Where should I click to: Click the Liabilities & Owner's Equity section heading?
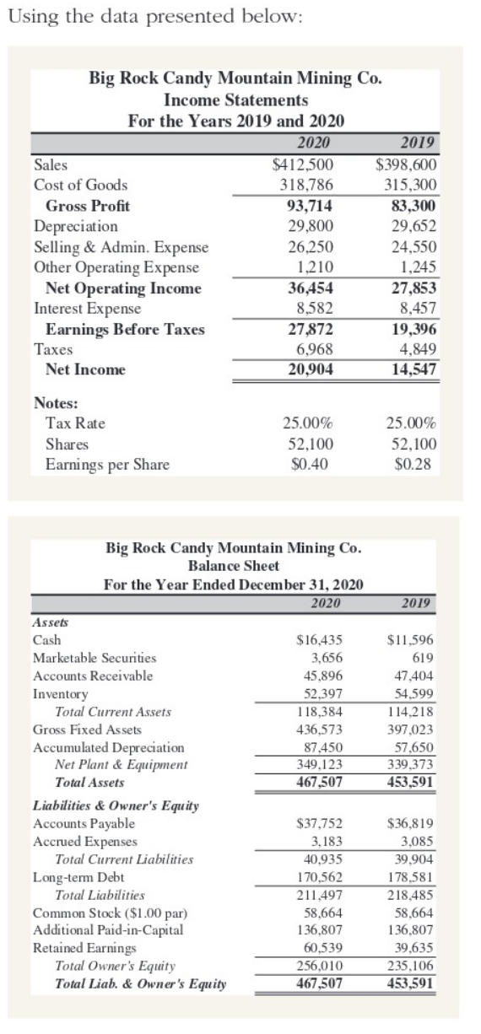pyautogui.click(x=105, y=805)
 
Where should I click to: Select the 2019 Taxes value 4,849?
pyautogui.click(x=415, y=348)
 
